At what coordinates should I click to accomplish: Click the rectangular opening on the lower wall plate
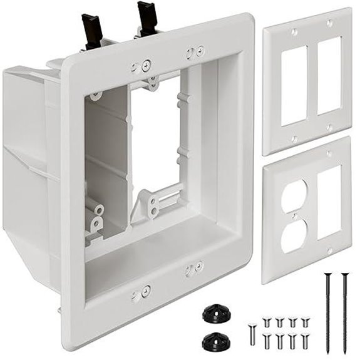[329, 202]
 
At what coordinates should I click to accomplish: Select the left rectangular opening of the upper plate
[293, 84]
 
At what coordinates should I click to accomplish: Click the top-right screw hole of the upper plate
[329, 23]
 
